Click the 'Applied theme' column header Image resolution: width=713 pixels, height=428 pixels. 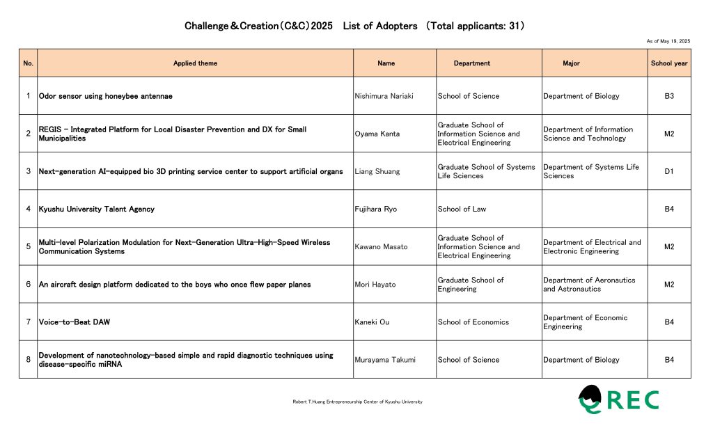[x=195, y=63]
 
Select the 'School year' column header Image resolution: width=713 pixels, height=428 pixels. [x=669, y=63]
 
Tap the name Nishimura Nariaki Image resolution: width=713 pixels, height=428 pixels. [x=384, y=96]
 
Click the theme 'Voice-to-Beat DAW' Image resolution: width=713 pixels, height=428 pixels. [x=75, y=322]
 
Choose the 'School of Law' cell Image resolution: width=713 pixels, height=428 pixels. [x=462, y=209]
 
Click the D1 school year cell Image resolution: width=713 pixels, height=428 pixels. [x=669, y=171]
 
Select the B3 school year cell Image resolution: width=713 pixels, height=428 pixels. [x=669, y=96]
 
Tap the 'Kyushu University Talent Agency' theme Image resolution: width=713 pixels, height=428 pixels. [x=97, y=209]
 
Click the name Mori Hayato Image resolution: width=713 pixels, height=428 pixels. [x=375, y=285]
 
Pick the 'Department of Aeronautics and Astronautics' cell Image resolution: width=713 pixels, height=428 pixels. [x=589, y=285]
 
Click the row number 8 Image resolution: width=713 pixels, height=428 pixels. [x=28, y=360]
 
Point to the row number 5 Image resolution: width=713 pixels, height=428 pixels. [x=28, y=246]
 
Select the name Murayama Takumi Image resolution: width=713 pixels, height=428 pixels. [x=385, y=360]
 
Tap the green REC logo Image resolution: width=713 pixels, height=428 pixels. [x=618, y=399]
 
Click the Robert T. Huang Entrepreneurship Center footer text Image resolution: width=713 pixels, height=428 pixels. [x=358, y=402]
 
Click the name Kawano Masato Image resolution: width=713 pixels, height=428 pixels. [x=381, y=246]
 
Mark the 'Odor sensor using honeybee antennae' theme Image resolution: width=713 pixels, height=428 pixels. [x=105, y=96]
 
